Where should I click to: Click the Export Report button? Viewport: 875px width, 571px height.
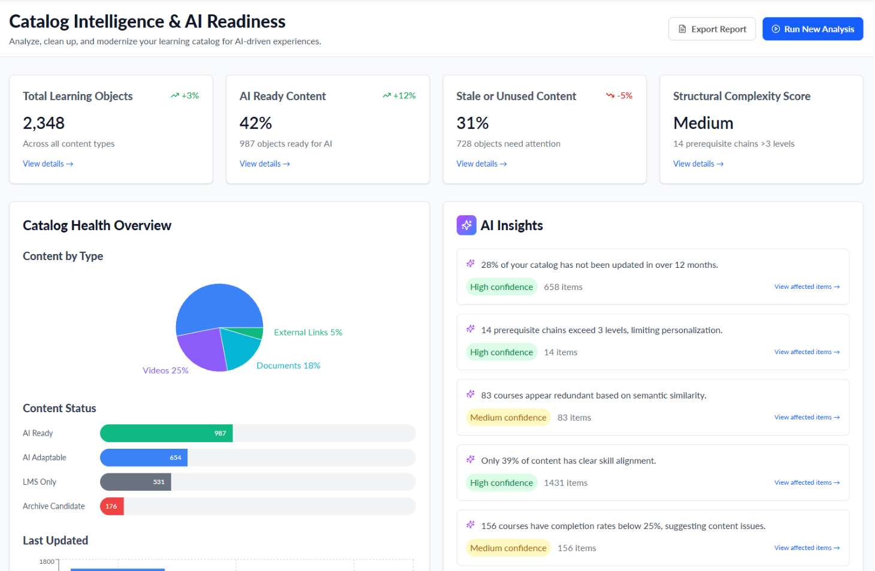[x=711, y=29]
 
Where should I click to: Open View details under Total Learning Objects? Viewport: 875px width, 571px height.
[x=48, y=164]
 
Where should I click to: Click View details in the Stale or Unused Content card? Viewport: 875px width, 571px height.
[x=482, y=164]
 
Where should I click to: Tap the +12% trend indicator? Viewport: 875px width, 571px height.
[x=399, y=96]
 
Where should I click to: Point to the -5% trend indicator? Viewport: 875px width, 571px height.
[x=619, y=96]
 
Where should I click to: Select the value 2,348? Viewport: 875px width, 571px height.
[x=43, y=123]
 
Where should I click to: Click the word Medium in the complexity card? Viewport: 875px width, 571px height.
[x=703, y=123]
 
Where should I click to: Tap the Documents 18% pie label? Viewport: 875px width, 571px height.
[x=288, y=365]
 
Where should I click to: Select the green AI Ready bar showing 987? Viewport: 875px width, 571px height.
[x=166, y=433]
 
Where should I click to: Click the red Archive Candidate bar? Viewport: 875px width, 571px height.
[x=112, y=506]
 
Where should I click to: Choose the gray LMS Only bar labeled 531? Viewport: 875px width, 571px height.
[x=135, y=482]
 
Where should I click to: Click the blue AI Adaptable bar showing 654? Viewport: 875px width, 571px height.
[x=144, y=458]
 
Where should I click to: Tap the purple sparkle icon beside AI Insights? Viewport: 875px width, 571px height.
[x=467, y=225]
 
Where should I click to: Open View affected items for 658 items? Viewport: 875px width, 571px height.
[x=807, y=287]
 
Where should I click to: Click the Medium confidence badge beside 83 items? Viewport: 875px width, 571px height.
[x=508, y=418]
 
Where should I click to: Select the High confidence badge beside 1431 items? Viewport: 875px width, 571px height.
[x=501, y=483]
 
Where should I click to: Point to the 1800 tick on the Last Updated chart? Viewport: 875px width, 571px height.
[x=47, y=561]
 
